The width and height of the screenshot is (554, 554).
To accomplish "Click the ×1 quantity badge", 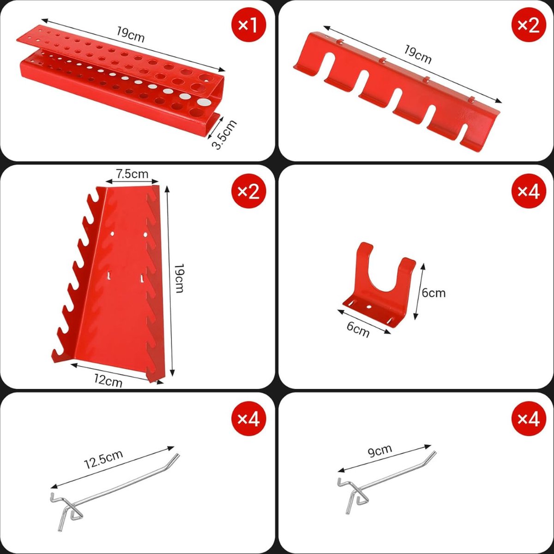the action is pos(249,26).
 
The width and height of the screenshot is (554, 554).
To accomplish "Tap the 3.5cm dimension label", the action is pos(224,134).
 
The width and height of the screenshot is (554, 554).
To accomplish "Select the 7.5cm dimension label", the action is pos(132,174).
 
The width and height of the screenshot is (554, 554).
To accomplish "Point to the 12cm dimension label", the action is pos(108,380).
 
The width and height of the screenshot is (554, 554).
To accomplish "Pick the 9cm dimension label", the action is pos(380,452).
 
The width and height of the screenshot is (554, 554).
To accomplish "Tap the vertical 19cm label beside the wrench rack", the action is pos(179,278).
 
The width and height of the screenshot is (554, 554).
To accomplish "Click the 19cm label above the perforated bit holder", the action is pos(130,34).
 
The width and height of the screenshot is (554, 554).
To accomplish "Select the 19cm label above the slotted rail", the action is pos(417,54).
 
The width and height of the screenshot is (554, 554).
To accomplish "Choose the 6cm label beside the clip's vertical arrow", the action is pos(434,293).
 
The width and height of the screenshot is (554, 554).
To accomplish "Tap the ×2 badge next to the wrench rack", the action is pos(249,191).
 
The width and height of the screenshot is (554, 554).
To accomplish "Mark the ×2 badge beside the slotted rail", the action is pos(529,26).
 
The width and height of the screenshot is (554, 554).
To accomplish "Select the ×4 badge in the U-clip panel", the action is pos(529,191).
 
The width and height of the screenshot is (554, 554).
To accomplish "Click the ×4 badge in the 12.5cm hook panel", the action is pos(249,420).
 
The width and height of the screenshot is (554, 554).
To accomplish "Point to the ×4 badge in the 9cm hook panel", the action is pos(529,420).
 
